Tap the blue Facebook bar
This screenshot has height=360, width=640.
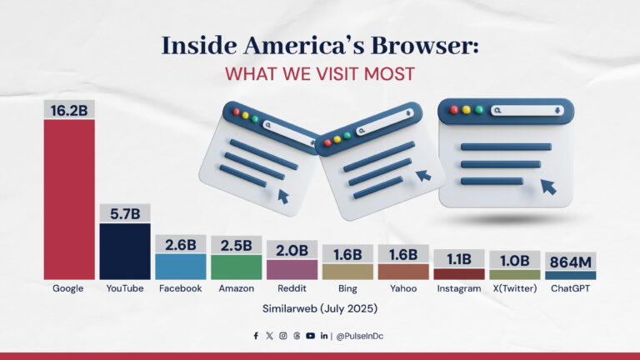180,266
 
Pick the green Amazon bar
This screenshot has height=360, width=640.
236,266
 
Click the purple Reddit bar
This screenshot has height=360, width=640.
292,269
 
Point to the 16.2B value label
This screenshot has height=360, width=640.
69,109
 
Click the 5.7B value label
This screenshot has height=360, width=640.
125,213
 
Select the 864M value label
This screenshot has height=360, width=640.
570,261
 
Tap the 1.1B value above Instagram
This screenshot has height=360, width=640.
459,258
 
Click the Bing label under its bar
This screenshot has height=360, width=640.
347,288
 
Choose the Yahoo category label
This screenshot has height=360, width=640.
403,288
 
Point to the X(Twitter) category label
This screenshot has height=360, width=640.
515,288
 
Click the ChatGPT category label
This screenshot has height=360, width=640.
570,288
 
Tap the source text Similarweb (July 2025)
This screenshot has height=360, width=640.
320,308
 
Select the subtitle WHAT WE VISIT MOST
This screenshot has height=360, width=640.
320,73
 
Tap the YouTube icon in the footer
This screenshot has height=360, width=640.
310,336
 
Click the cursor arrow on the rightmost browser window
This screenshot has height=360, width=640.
548,186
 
